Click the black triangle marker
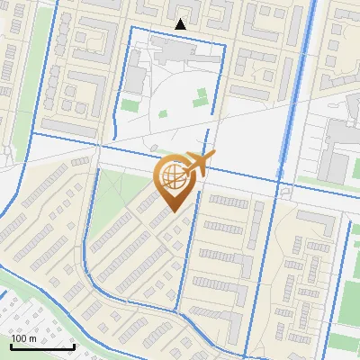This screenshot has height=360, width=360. click(x=181, y=24)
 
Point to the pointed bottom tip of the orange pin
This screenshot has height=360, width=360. click(x=173, y=212)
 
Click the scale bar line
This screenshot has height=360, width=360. click(x=42, y=346)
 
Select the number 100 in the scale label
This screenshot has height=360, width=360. click(x=17, y=338)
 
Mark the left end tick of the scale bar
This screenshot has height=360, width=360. click(x=11, y=345)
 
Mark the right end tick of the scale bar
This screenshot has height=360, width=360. click(x=74, y=345)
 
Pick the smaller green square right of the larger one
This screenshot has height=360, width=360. click(x=163, y=114)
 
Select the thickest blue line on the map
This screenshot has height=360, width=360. click(x=297, y=90)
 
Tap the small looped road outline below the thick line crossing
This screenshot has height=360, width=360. click(x=285, y=192)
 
